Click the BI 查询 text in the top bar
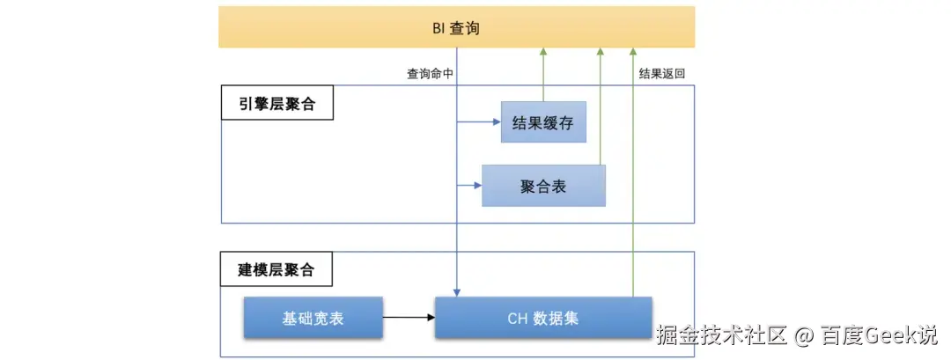[456, 28]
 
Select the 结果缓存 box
[542, 123]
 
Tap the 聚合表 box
[543, 186]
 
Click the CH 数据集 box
[543, 318]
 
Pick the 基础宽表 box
[313, 318]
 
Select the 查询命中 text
[430, 75]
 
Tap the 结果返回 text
[661, 75]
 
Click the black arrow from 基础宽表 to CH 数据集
[409, 318]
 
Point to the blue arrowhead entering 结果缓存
[496, 123]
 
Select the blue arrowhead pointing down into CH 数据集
[456, 291]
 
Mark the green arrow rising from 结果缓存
[543, 75]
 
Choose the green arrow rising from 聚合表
[601, 106]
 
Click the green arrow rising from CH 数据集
[632, 176]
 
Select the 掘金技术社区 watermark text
[721, 335]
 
